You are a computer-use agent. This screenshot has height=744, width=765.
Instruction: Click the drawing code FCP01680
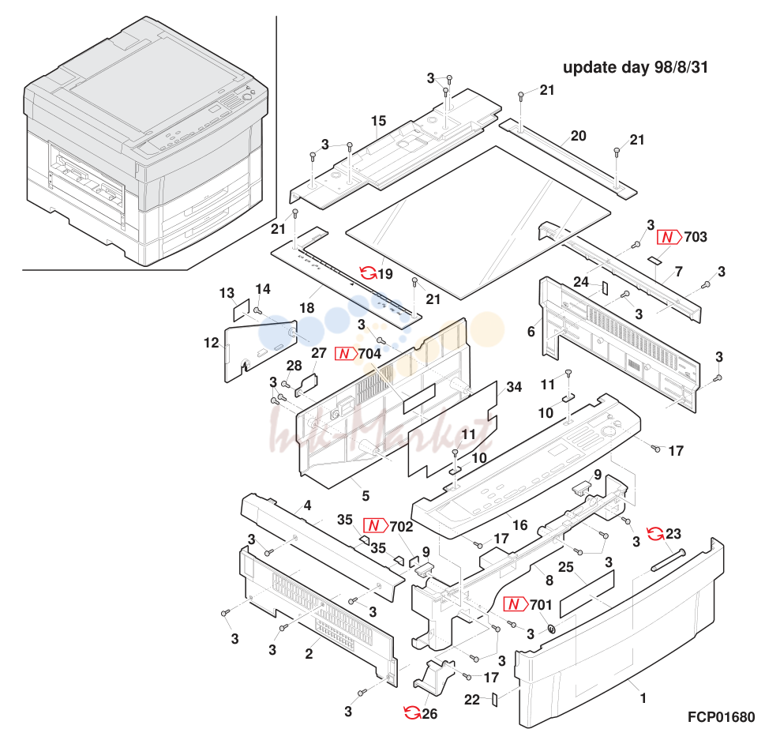[721, 716]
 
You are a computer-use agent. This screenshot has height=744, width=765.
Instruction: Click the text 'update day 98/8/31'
[636, 67]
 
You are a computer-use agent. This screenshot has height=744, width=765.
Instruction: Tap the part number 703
[696, 237]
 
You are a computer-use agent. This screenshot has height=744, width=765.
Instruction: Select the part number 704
[369, 354]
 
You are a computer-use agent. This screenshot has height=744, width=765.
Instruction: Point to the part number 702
[401, 527]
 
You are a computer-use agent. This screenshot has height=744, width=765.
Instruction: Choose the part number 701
[541, 605]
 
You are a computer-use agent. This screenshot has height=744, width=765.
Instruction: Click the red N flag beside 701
[516, 605]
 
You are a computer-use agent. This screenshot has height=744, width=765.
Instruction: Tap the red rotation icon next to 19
[368, 273]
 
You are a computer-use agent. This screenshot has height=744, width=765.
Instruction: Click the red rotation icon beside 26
[412, 713]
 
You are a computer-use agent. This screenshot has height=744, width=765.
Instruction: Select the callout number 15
[378, 121]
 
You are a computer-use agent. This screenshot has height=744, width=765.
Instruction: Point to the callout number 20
[578, 136]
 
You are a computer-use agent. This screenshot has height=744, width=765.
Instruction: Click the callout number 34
[514, 387]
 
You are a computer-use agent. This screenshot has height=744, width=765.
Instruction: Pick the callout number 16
[519, 525]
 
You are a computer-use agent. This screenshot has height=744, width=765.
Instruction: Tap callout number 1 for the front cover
[643, 698]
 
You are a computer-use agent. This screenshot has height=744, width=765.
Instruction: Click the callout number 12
[212, 343]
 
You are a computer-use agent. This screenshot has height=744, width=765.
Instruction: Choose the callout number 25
[566, 567]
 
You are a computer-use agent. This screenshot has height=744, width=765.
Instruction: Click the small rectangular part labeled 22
[494, 700]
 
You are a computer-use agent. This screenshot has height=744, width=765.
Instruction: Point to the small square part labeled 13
[241, 311]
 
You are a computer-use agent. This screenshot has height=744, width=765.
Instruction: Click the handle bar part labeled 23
[668, 560]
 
